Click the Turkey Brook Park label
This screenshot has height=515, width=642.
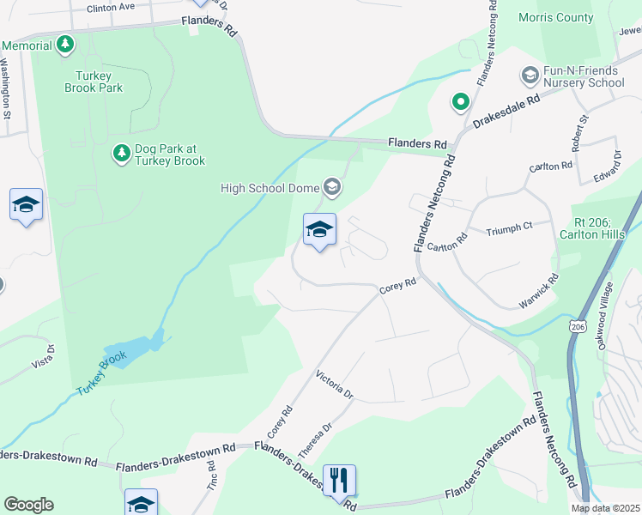pos(93,81)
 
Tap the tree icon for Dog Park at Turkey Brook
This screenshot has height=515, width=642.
pos(121,153)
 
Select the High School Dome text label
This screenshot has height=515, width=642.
pos(270,188)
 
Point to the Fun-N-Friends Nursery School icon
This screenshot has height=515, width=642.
pos(530,76)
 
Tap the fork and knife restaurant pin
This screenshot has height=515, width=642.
pos(339,480)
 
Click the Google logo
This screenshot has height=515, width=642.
pos(28,505)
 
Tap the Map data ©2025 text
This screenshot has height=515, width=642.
pos(606,508)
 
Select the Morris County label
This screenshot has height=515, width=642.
pos(556,17)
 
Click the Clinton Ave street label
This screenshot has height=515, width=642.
pos(111,7)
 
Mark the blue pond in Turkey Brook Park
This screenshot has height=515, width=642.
pos(131,349)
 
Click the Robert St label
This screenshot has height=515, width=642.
pos(584,130)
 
